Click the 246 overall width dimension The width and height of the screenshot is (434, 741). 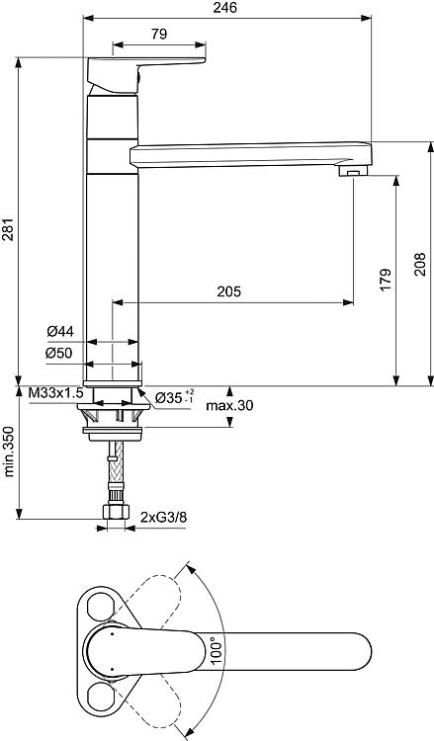click(224, 8)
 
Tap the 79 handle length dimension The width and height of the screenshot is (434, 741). click(159, 34)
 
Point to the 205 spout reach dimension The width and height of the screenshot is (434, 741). click(228, 291)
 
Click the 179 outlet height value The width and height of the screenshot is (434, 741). click(386, 280)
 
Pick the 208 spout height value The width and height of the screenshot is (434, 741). click(420, 264)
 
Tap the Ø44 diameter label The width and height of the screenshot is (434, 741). click(60, 332)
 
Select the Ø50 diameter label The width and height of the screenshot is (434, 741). click(59, 353)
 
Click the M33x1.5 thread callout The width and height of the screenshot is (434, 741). click(55, 392)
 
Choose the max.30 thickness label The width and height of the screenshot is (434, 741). click(229, 405)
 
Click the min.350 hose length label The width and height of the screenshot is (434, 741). click(9, 451)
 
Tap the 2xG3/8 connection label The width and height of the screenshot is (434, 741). click(163, 517)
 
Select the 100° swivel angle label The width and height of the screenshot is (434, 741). click(217, 651)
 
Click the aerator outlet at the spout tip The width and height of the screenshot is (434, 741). click(354, 170)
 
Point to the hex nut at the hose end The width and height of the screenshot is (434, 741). click(116, 512)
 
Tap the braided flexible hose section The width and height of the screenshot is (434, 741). click(117, 461)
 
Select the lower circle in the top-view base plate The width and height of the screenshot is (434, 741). click(101, 697)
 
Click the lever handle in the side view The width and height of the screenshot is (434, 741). click(144, 75)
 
